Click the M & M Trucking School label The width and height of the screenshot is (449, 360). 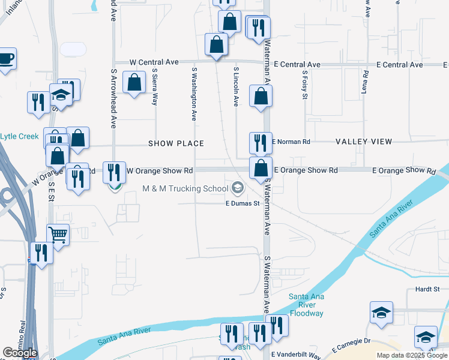click(x=185, y=188)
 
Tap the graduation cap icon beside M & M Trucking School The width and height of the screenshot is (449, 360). click(x=238, y=189)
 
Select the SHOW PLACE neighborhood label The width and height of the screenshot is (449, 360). click(x=176, y=143)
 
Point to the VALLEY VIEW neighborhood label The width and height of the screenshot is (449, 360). click(x=364, y=142)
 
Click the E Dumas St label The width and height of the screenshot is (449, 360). click(x=242, y=203)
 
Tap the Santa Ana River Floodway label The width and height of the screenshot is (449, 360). click(x=306, y=305)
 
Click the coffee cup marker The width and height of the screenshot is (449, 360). click(x=7, y=59)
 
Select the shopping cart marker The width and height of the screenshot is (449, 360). click(x=58, y=234)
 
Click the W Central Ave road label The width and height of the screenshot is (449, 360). click(x=155, y=62)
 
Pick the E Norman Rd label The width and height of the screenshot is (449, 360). click(x=291, y=142)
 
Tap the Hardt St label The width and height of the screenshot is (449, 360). click(x=427, y=289)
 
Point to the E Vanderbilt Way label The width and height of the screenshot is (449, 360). click(x=295, y=355)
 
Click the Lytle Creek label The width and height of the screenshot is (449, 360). click(x=19, y=136)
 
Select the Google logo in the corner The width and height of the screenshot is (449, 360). click(x=19, y=353)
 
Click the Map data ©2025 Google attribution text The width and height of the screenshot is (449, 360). click(x=411, y=355)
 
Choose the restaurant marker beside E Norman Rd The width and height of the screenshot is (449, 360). click(x=261, y=143)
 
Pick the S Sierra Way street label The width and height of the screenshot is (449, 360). click(x=155, y=89)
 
